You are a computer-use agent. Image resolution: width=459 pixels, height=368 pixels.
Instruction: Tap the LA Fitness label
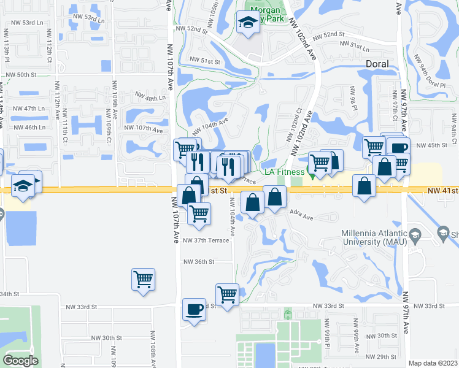pos(285,171)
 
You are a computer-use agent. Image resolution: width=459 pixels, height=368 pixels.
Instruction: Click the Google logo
pos(20,361)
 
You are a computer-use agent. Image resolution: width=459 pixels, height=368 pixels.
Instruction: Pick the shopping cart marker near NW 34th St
pos(143,280)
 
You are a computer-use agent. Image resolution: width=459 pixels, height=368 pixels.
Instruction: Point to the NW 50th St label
pos(21,74)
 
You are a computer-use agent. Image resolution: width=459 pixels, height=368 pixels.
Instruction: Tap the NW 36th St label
pos(199,261)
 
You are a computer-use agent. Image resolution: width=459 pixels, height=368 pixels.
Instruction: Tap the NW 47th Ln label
pos(33,108)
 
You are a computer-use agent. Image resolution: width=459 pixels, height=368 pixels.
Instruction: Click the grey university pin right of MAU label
pos(444,232)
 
